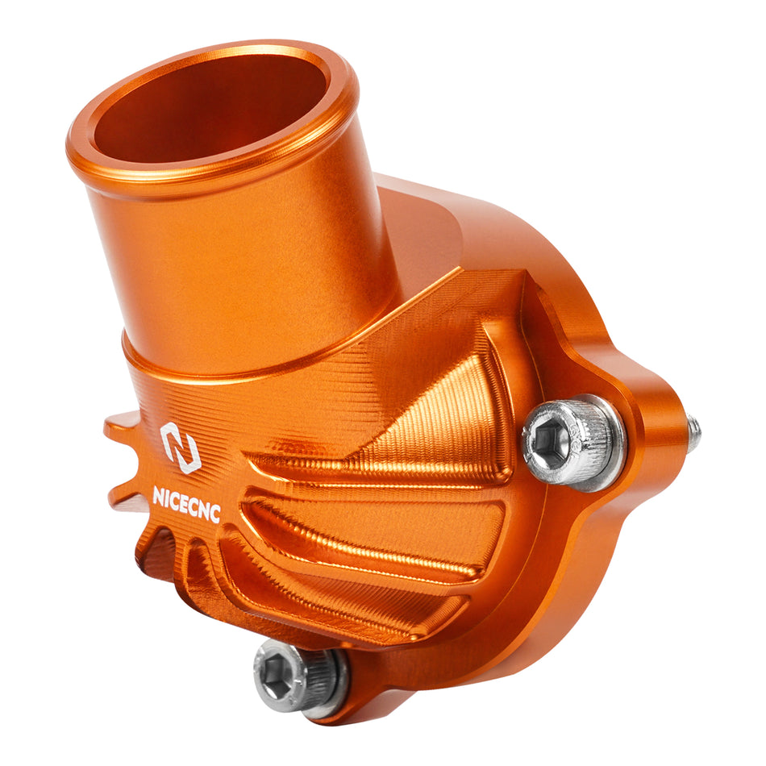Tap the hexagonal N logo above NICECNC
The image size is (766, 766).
(180, 446)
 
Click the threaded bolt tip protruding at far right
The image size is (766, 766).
(693, 433)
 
